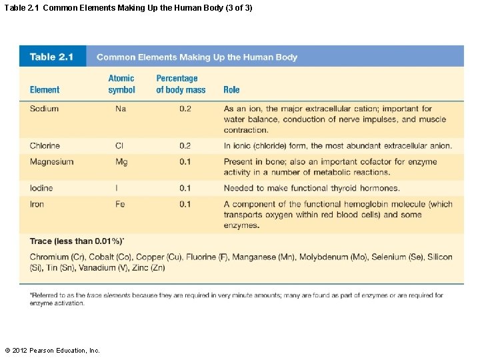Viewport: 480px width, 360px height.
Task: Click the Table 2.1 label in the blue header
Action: point(51,57)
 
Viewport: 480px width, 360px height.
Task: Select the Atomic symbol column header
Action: point(121,84)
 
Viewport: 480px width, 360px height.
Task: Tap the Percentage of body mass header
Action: point(181,84)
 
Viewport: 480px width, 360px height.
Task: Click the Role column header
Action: point(231,89)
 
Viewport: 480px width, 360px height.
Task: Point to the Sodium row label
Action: point(44,109)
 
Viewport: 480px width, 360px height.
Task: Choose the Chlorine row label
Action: point(45,145)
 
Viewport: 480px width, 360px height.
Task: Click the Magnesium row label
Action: point(51,161)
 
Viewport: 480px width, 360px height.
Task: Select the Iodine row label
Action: point(41,188)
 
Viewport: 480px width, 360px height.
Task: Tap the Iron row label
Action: point(37,204)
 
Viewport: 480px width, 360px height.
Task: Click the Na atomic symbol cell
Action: point(120,109)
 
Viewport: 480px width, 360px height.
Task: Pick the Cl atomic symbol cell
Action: point(119,145)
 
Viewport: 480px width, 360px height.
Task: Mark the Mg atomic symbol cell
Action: point(121,161)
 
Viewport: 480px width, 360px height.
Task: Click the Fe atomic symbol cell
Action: point(120,204)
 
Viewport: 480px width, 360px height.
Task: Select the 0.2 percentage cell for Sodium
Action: point(185,109)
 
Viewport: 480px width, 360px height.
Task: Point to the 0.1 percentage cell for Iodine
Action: point(185,188)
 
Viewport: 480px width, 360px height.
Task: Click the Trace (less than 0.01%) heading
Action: point(77,241)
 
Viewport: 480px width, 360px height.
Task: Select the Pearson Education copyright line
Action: point(52,350)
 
